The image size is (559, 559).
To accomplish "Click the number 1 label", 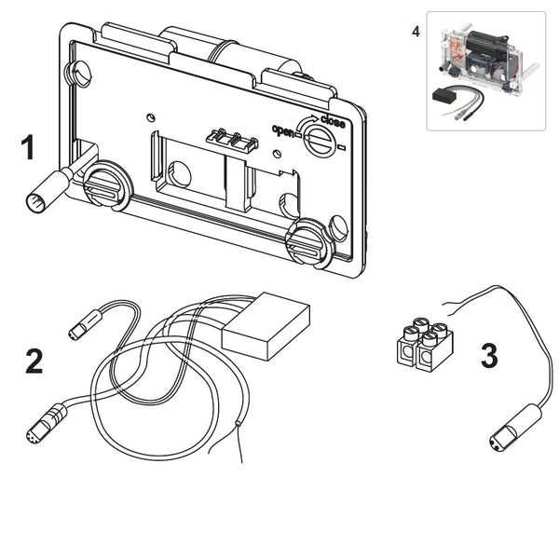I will (x=29, y=148).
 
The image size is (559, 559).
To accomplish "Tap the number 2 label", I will (x=34, y=361).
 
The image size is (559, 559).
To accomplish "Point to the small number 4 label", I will (x=416, y=31).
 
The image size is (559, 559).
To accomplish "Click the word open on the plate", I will (x=283, y=130).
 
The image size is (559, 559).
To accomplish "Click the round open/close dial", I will (x=319, y=142).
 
